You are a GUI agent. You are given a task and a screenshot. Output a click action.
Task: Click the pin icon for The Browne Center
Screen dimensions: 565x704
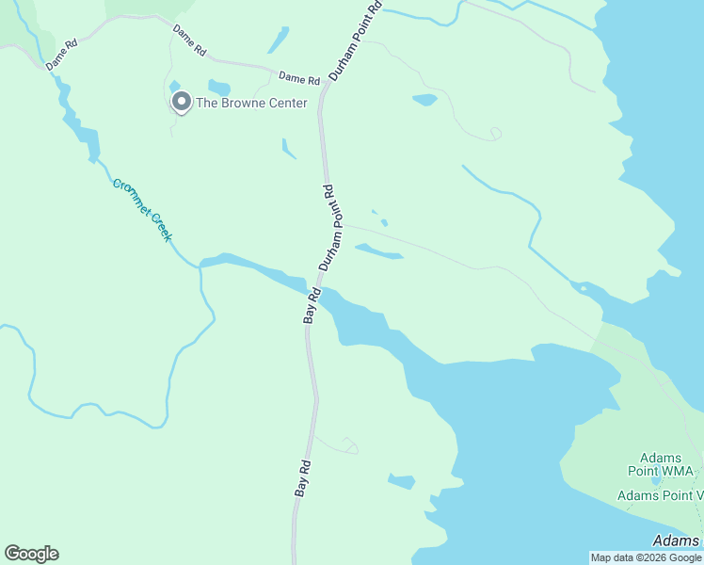click(180, 101)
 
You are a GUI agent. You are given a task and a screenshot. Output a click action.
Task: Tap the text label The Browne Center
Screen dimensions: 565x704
click(251, 103)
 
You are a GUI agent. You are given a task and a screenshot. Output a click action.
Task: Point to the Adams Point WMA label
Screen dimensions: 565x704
click(661, 464)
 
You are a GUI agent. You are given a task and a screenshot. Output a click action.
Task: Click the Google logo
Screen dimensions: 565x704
click(31, 554)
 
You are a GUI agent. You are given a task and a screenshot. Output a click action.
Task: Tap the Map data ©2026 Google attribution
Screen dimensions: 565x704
click(646, 557)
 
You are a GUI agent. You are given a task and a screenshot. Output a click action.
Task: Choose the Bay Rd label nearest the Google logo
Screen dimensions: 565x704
click(302, 478)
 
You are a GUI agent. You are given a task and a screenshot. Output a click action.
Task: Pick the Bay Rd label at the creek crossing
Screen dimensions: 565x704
click(312, 306)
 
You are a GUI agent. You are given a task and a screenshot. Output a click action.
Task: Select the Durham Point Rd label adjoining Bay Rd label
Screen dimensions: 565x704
click(328, 228)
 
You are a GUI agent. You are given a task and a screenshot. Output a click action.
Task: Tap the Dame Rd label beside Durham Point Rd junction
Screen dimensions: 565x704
click(299, 78)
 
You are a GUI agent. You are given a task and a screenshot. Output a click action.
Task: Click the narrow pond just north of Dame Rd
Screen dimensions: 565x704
click(279, 40)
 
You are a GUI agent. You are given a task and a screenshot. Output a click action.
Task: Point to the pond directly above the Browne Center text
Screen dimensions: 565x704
click(218, 87)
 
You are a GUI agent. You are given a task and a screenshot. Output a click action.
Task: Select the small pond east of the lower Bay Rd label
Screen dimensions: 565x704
click(402, 481)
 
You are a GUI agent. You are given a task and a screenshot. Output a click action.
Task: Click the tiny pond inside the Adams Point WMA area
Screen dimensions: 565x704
click(656, 481)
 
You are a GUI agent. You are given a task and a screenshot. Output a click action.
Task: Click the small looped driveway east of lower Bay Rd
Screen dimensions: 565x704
click(348, 445)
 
